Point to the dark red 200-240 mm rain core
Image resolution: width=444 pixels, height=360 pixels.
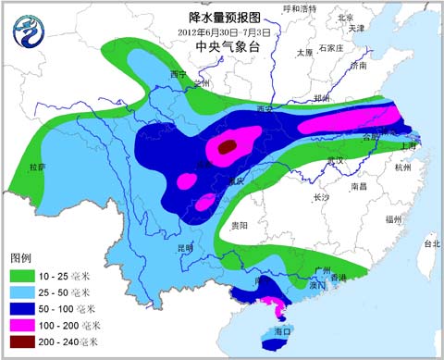227,146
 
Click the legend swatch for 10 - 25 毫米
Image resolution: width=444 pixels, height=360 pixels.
23,275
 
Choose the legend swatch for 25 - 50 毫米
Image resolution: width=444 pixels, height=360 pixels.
23,291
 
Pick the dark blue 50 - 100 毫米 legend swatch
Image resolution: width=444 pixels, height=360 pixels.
23,307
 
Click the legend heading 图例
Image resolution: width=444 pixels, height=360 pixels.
20,255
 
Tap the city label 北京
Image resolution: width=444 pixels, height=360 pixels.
346,17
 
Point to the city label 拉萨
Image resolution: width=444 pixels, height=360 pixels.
37,168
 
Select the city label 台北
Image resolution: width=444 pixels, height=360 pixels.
430,243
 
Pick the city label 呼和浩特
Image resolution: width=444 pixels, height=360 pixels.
299,8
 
